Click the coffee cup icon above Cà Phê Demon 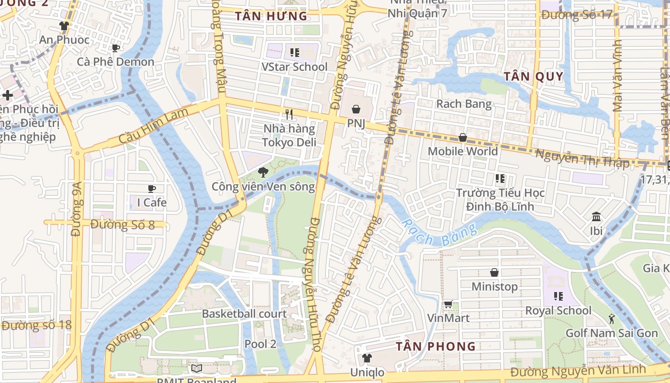[115, 48]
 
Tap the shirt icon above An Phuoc [64, 26]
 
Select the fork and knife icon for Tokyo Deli [289, 114]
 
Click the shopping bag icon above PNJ [356, 110]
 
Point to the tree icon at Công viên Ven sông [263, 172]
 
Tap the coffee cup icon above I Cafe [152, 189]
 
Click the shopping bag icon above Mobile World [463, 137]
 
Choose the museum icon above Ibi [596, 217]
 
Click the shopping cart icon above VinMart [448, 304]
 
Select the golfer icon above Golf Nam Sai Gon [612, 318]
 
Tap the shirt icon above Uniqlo [367, 358]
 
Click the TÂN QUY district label [533, 77]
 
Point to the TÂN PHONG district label [435, 346]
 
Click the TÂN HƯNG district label [271, 16]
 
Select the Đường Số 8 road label [123, 224]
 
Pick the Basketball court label [244, 314]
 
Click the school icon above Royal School [558, 296]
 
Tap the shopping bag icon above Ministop [494, 272]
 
